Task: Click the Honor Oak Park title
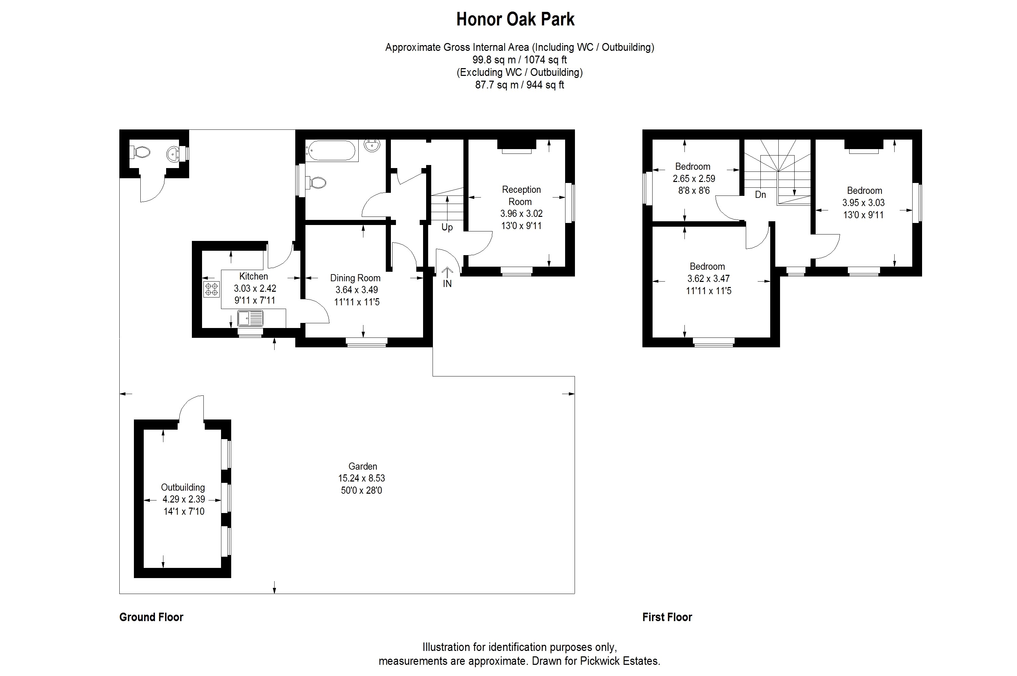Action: click(515, 19)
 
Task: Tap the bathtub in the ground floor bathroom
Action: click(331, 151)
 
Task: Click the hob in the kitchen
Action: click(211, 289)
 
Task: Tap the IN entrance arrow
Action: click(447, 272)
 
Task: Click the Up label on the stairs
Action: click(447, 227)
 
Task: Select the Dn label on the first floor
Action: click(760, 195)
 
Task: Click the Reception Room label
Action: click(521, 195)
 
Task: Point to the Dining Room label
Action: click(355, 278)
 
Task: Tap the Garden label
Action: click(363, 466)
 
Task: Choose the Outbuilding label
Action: click(183, 487)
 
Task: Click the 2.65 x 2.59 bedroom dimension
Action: click(694, 179)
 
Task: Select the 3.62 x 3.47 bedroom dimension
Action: click(709, 279)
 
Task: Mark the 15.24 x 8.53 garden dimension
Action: click(361, 478)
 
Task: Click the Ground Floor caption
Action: click(152, 617)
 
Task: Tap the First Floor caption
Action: click(667, 617)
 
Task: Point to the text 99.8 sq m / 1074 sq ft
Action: click(519, 60)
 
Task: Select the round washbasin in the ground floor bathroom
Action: click(372, 146)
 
